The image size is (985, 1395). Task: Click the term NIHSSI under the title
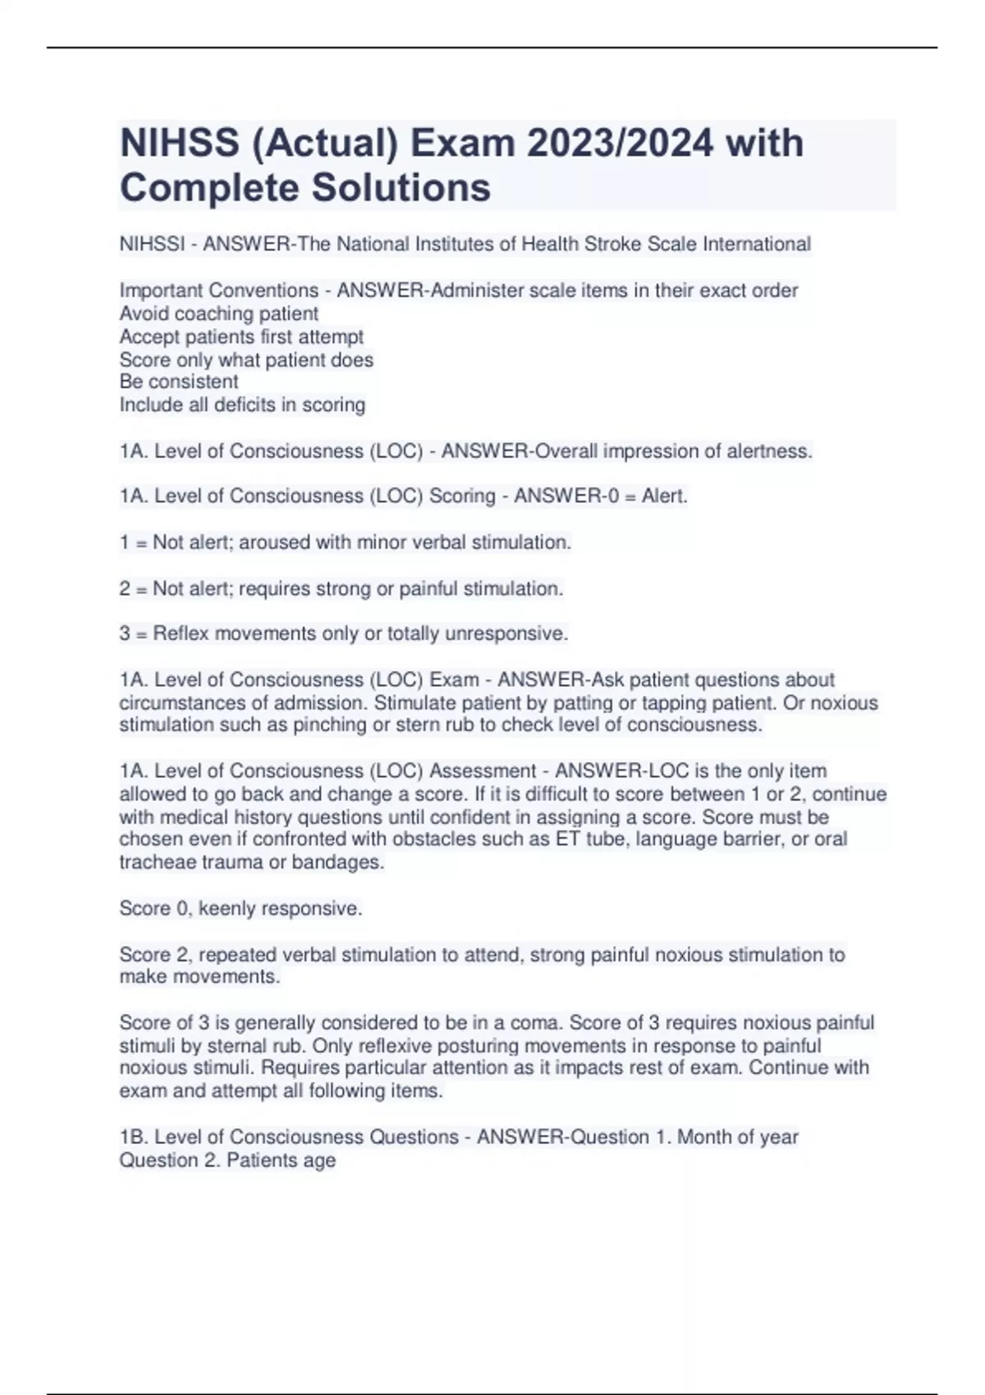point(152,245)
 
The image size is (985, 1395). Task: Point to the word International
point(756,245)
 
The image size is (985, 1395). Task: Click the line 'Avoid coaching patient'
point(219,313)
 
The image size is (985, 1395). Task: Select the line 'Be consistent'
point(179,382)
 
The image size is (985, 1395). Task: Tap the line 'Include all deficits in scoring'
point(242,405)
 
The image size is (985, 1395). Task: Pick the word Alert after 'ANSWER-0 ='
point(663,496)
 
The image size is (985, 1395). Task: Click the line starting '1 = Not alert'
point(345,542)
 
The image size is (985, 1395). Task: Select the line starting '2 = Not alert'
point(341,588)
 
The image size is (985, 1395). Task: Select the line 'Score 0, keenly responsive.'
point(241,908)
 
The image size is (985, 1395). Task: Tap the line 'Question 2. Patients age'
point(227,1160)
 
